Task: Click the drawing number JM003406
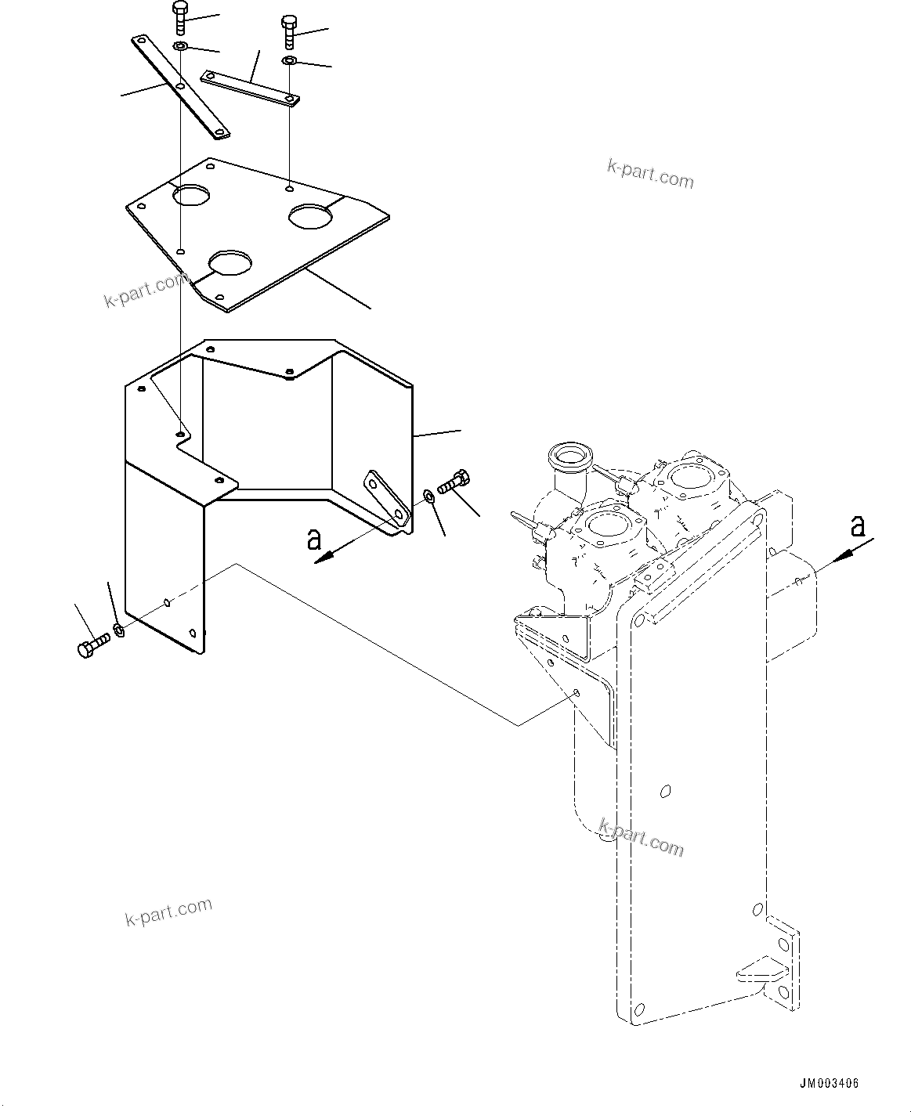pyautogui.click(x=829, y=1084)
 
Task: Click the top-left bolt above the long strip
pyautogui.click(x=179, y=18)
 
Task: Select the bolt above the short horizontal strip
pyautogui.click(x=289, y=30)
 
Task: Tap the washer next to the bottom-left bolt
pyautogui.click(x=119, y=629)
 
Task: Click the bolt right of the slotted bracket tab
pyautogui.click(x=454, y=481)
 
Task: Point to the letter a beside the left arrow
pyautogui.click(x=314, y=539)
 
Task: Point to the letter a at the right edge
pyautogui.click(x=859, y=525)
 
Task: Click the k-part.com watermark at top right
pyautogui.click(x=650, y=174)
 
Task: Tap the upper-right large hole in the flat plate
pyautogui.click(x=311, y=215)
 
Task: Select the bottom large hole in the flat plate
pyautogui.click(x=231, y=262)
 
